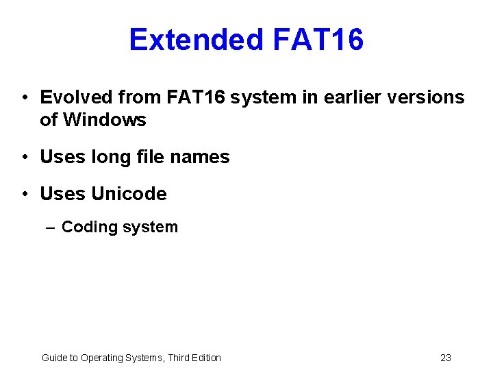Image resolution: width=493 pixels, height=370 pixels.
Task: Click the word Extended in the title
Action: (196, 40)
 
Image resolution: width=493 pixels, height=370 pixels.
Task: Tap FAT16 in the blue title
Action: (318, 40)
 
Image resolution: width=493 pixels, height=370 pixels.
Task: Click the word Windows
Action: (104, 120)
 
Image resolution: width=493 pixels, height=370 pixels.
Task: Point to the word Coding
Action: (89, 227)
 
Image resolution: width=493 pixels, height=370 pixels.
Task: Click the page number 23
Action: (446, 358)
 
